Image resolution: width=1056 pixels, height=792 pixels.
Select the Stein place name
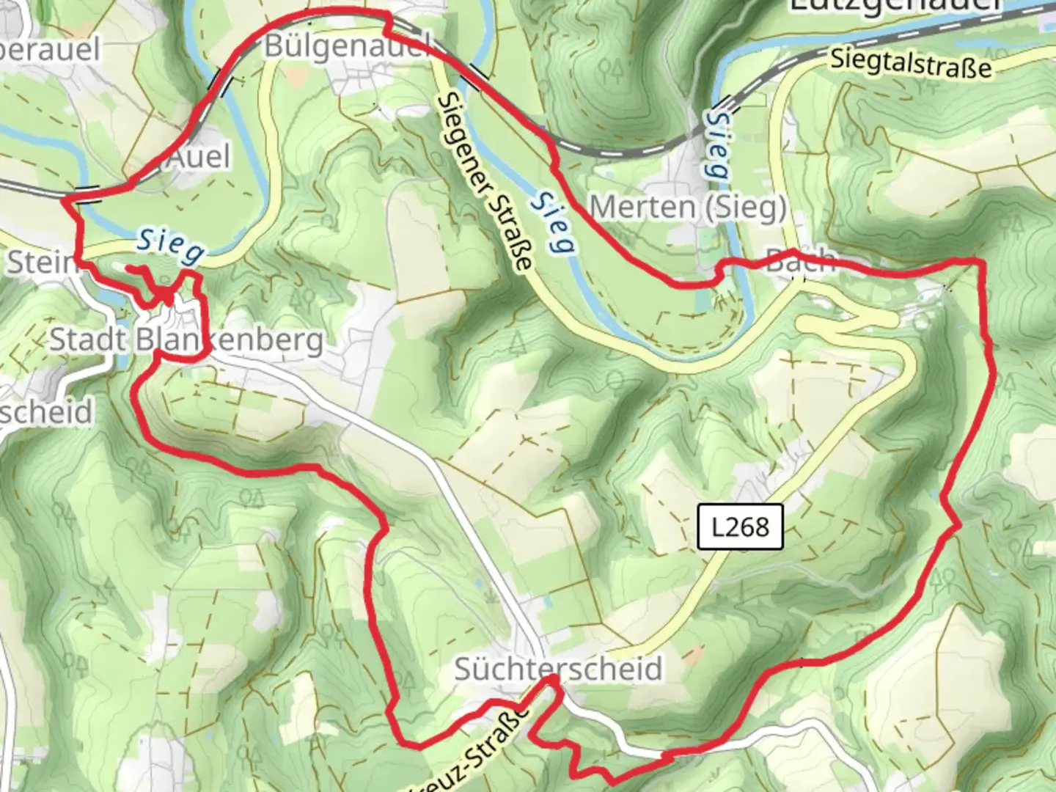[x=40, y=262]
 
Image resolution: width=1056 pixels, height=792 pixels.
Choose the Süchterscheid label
[x=558, y=669]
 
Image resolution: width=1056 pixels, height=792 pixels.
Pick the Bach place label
[x=799, y=260]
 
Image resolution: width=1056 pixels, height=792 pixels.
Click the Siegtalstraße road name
[x=911, y=64]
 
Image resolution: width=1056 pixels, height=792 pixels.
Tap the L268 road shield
[x=740, y=527]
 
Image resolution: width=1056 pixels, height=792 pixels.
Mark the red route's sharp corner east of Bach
[x=980, y=261]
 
